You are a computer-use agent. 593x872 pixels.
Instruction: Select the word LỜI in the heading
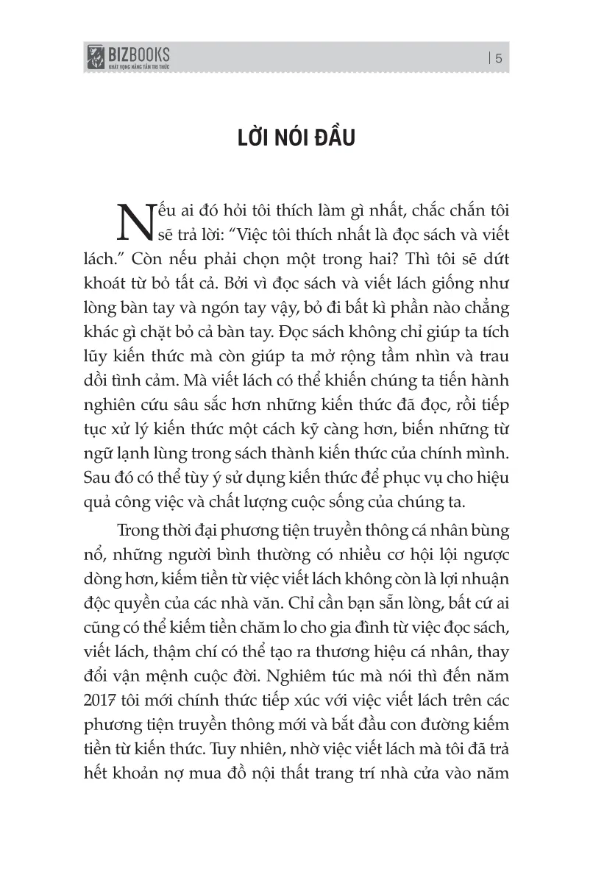click(x=218, y=138)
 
